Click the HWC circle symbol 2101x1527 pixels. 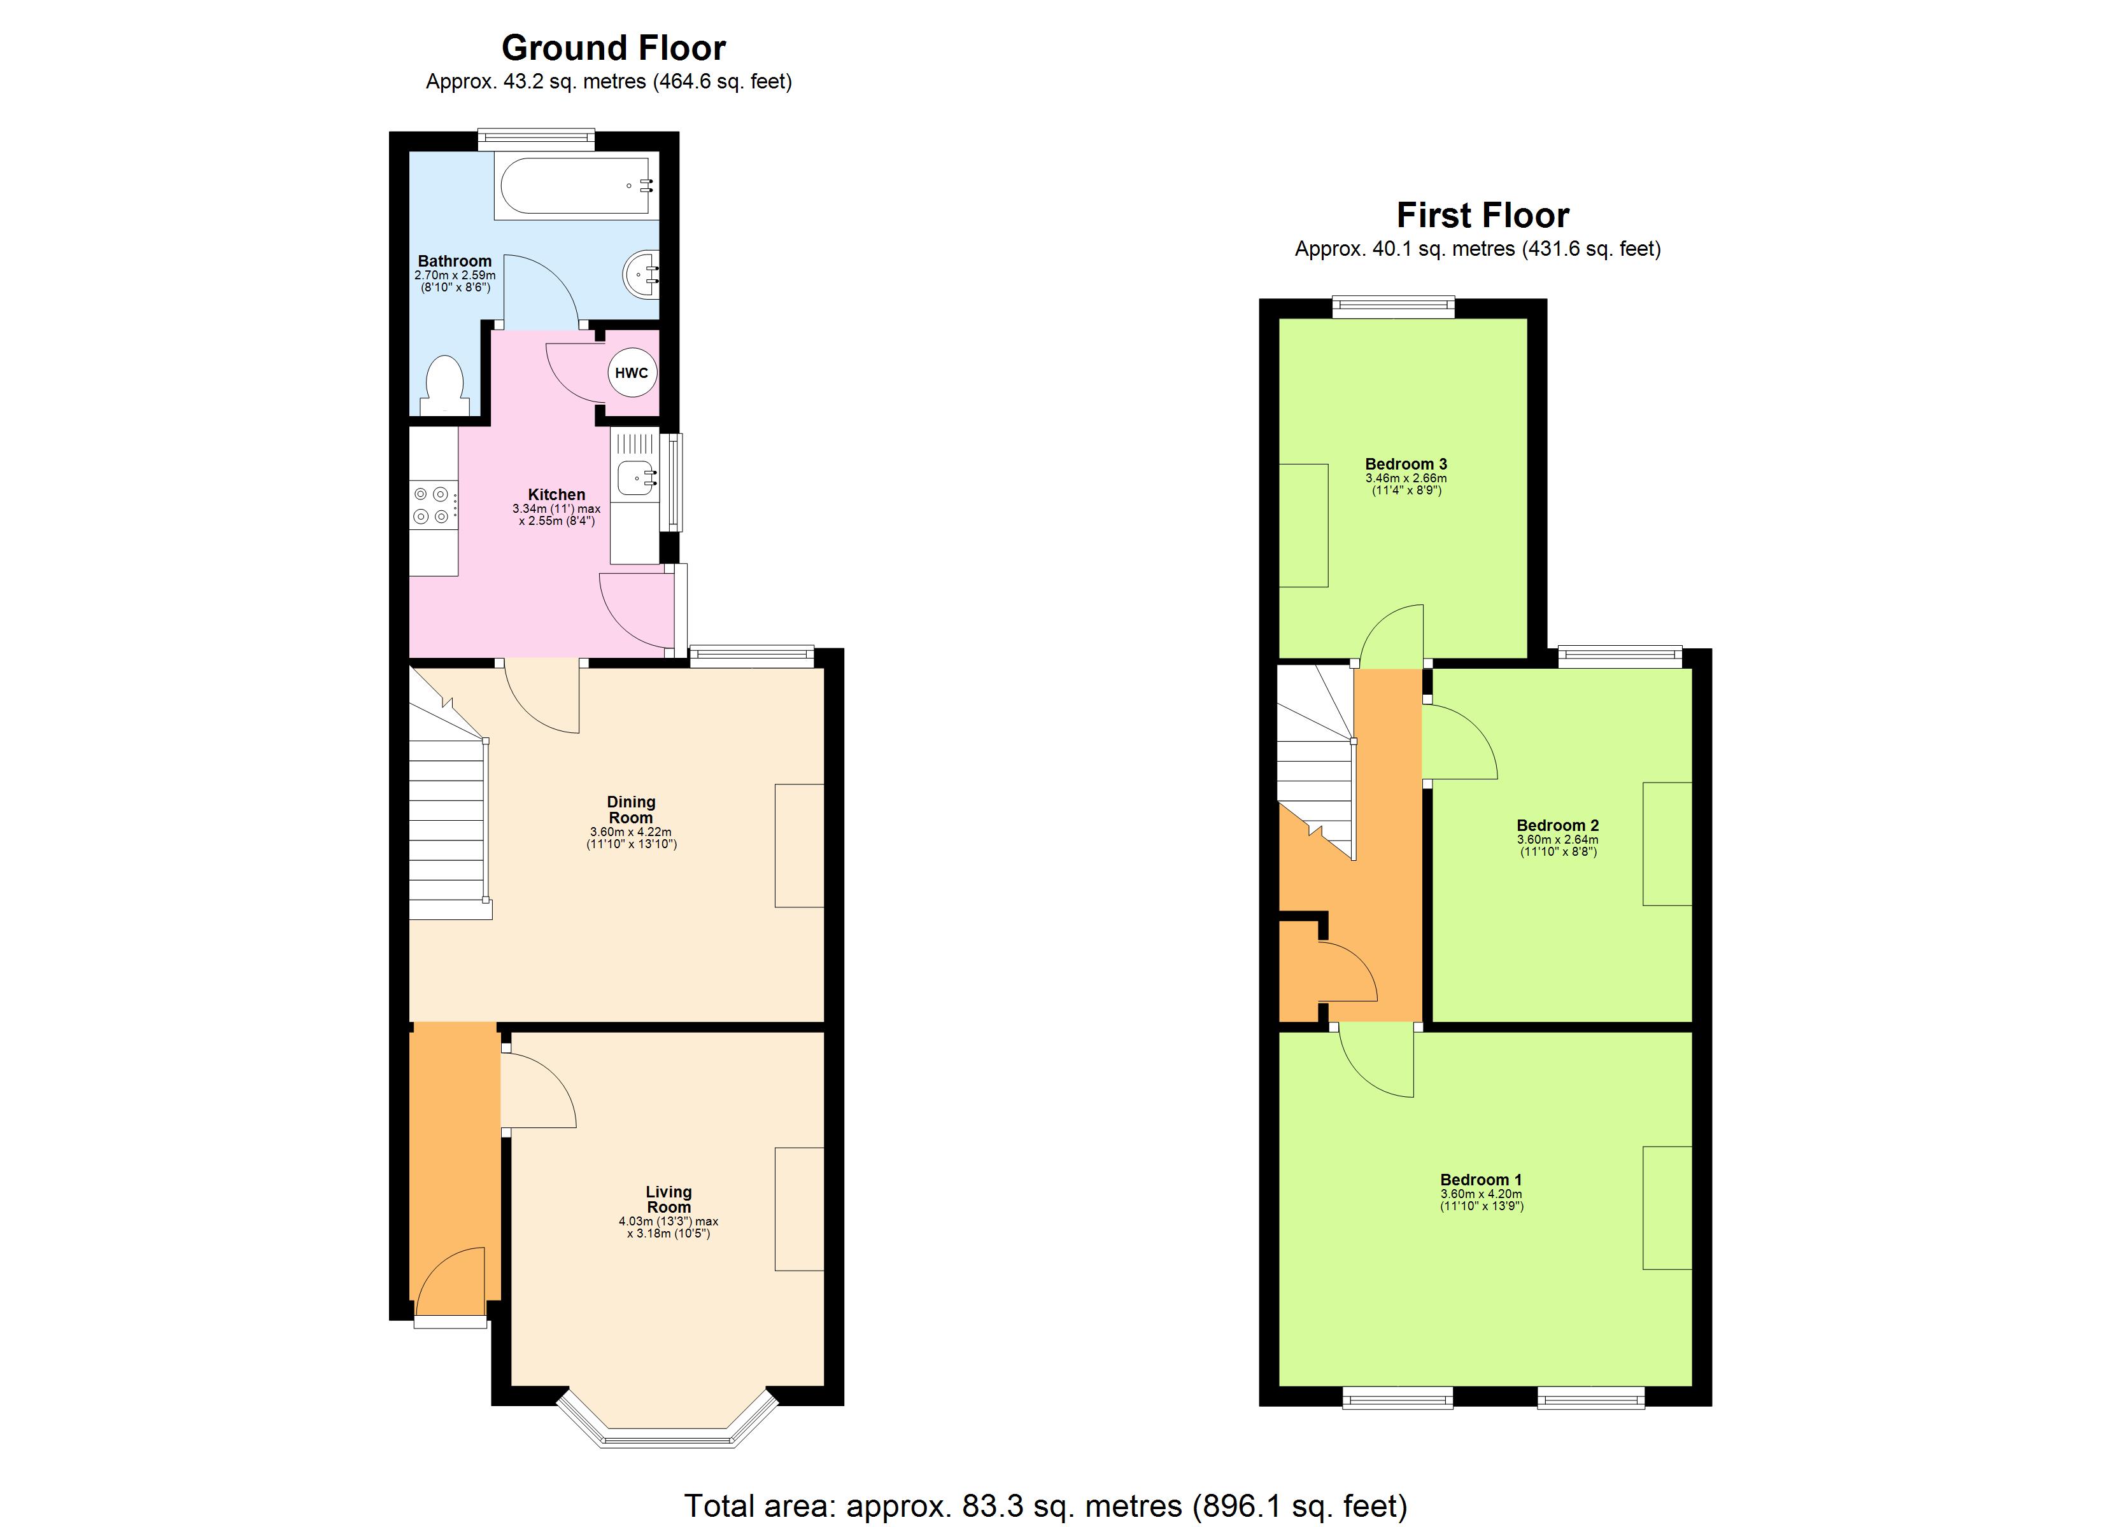pos(631,372)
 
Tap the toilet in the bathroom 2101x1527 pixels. pos(444,386)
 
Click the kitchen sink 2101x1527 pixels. pos(635,478)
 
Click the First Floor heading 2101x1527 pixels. pos(1482,215)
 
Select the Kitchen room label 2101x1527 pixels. pos(556,494)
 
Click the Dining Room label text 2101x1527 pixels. pos(631,809)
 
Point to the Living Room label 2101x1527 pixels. pos(668,1199)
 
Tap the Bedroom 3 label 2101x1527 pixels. pos(1405,464)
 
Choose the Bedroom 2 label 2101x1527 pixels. pos(1557,825)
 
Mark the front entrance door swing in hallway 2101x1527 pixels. pos(451,1283)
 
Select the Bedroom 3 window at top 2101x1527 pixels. pos(1392,307)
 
